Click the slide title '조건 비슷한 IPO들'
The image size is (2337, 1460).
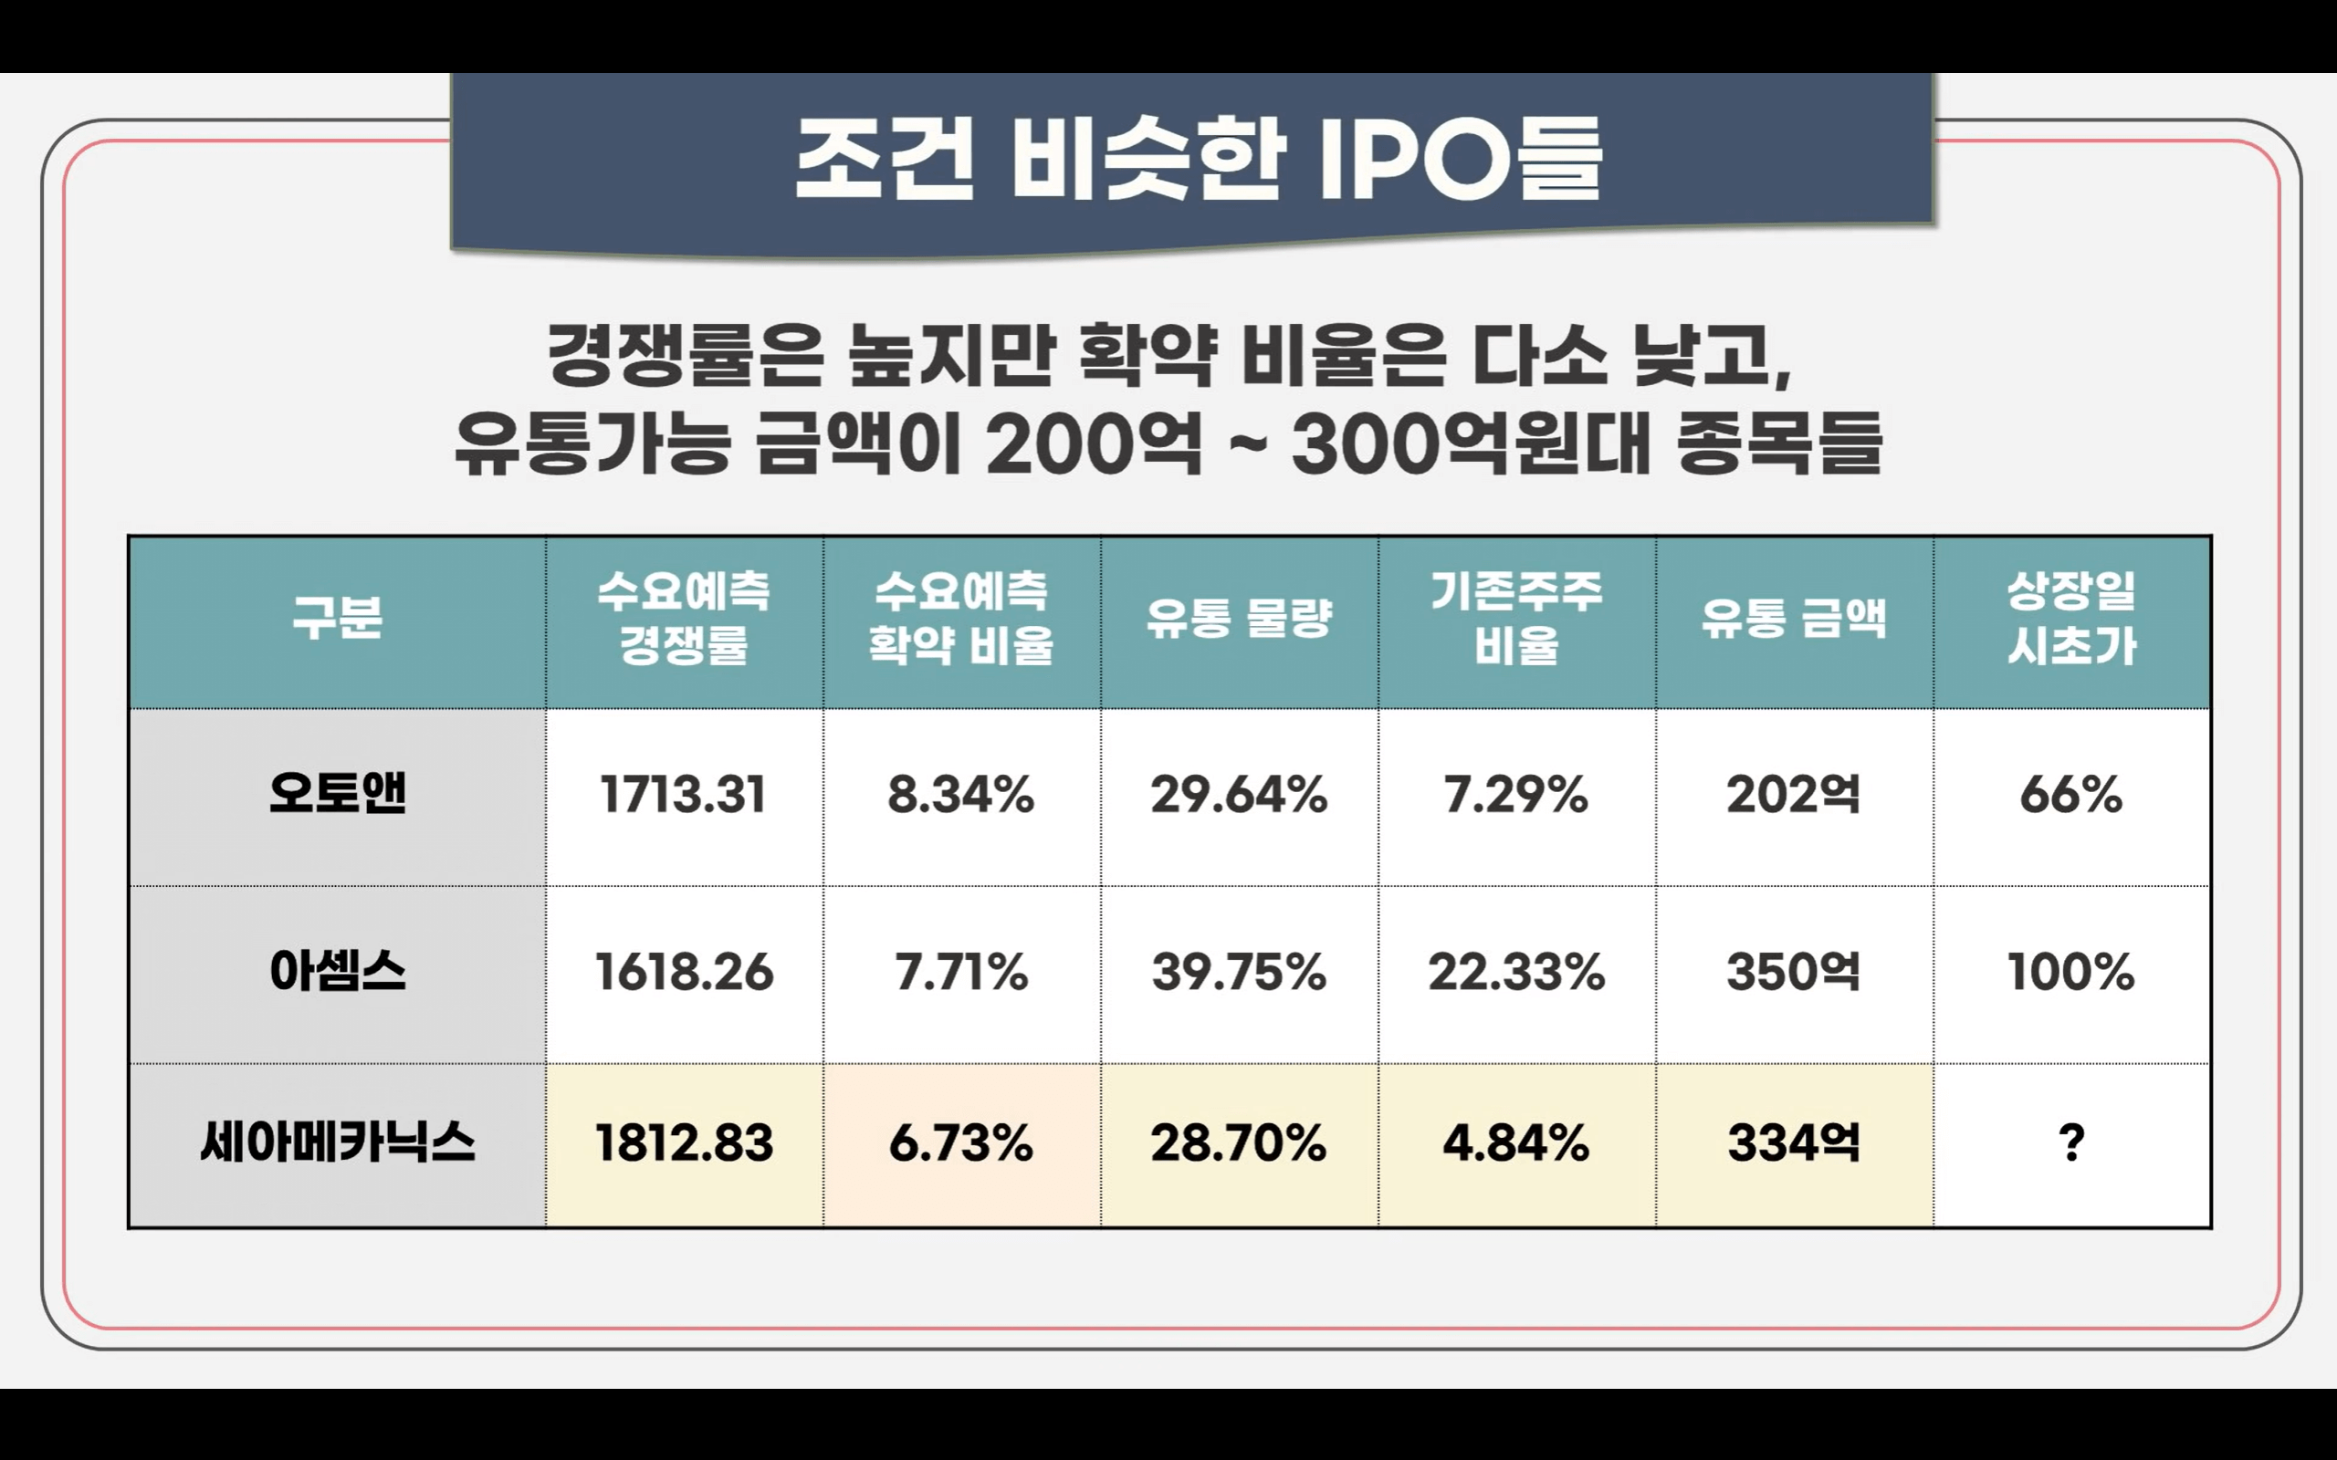click(1198, 160)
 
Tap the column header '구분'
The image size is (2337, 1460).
click(337, 618)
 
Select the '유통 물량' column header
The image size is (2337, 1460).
click(1239, 618)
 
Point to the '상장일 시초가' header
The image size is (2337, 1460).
click(2071, 618)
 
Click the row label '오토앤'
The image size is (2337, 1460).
click(337, 794)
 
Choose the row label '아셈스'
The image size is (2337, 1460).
click(337, 972)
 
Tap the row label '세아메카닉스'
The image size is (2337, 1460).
click(337, 1142)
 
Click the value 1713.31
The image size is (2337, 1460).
click(683, 796)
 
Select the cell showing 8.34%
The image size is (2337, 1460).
click(961, 796)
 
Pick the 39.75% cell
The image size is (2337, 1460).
click(1239, 973)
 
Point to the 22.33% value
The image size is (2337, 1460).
click(1516, 973)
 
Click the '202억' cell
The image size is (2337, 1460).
click(1793, 796)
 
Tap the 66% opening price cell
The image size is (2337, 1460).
click(2071, 796)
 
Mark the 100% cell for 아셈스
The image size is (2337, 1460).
click(2071, 973)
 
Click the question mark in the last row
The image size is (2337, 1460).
click(2071, 1143)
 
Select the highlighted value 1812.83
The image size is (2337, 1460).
click(684, 1143)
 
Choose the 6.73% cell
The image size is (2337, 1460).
click(961, 1143)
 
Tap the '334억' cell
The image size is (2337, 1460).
click(1793, 1143)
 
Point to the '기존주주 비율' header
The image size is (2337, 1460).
click(1516, 618)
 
